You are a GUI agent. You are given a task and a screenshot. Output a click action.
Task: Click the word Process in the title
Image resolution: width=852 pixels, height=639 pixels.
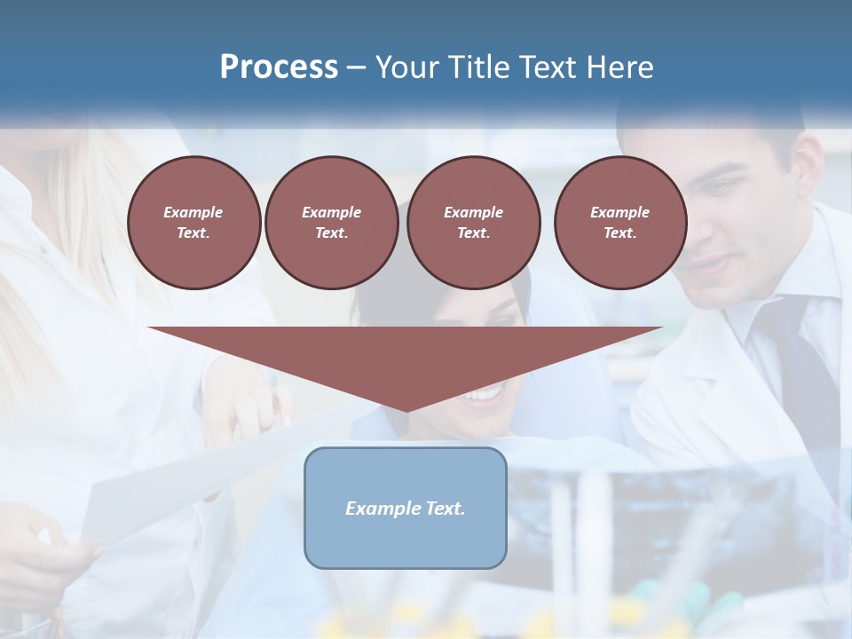tap(279, 67)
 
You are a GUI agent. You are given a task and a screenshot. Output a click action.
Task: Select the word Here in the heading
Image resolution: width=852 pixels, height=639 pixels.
tap(619, 67)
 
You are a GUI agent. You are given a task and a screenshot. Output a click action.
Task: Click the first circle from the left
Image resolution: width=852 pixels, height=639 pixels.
tap(193, 223)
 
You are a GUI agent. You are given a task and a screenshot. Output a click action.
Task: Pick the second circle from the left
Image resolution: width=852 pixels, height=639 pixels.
tap(331, 223)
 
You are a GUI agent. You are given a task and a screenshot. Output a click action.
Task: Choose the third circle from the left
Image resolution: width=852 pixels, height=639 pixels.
tap(473, 223)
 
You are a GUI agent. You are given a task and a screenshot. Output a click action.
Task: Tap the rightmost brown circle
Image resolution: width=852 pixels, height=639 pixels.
tap(619, 223)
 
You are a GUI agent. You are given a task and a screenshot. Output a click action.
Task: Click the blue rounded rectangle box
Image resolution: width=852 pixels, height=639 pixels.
tap(406, 508)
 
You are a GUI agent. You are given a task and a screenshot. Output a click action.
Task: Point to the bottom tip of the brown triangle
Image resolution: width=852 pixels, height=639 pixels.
tap(406, 410)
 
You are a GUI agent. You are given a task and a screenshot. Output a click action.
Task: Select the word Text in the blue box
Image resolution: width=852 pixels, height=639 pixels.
tap(443, 509)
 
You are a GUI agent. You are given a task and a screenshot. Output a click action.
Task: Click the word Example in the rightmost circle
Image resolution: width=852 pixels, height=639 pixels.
tap(619, 212)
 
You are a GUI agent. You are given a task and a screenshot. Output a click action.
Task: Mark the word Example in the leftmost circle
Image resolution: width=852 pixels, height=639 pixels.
tap(193, 212)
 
